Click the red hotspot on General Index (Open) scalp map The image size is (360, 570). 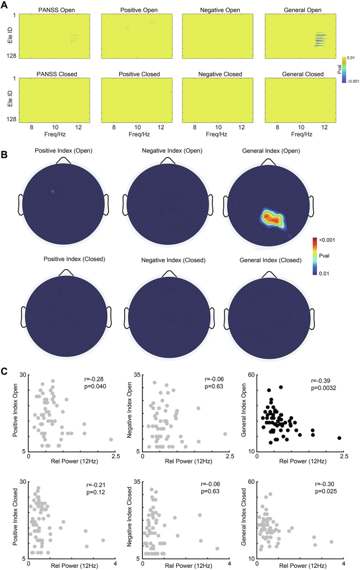(x=272, y=216)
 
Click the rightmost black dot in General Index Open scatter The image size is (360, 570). (x=340, y=438)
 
